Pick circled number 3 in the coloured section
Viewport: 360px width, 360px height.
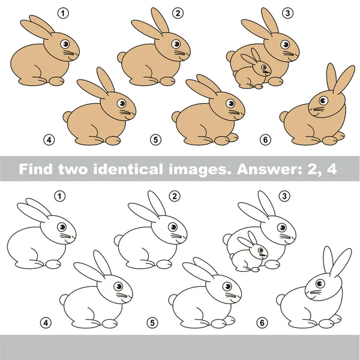288,13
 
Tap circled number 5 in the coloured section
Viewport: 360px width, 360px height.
155,140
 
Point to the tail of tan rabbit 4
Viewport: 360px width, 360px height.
68,116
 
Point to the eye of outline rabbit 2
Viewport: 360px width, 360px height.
175,227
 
